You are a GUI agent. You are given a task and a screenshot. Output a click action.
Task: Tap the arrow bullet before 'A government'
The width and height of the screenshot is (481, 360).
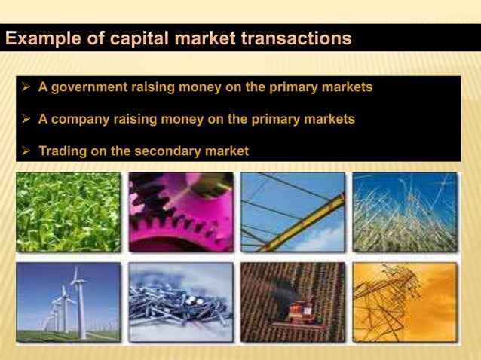click(25, 87)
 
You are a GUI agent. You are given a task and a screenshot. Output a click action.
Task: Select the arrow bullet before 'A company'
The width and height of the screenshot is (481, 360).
click(25, 119)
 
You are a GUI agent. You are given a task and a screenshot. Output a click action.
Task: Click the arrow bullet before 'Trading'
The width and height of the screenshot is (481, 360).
click(25, 151)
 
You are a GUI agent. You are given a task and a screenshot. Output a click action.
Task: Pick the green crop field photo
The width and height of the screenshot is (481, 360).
click(68, 212)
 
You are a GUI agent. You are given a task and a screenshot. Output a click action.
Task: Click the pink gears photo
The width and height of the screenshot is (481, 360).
click(180, 212)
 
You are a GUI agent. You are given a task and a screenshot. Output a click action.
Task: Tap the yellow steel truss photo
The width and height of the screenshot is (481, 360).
click(293, 212)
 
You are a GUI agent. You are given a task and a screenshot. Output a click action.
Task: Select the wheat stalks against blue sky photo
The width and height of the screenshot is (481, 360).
click(404, 212)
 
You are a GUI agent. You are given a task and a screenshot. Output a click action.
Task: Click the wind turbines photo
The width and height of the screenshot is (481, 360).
click(68, 301)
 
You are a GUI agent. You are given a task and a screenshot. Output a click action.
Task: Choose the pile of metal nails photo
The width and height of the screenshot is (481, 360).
click(180, 301)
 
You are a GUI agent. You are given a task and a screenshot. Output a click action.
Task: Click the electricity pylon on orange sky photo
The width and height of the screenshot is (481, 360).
click(404, 301)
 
